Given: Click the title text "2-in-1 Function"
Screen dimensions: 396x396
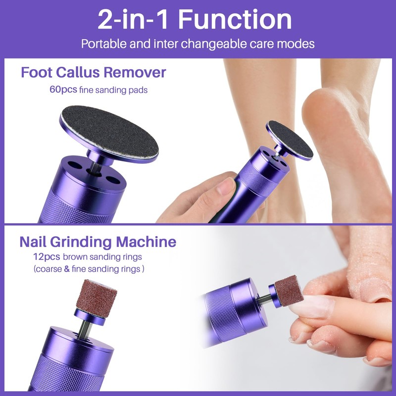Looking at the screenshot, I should pos(195,20).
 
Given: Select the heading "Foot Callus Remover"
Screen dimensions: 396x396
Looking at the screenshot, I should pos(94,73).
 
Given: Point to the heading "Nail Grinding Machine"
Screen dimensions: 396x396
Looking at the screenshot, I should pos(98,242).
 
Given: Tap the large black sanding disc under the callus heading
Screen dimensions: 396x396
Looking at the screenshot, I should pos(109,132).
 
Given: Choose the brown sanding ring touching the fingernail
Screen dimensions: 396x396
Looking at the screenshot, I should pos(289,290).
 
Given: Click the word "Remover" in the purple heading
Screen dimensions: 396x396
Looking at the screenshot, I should pos(134,73).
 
